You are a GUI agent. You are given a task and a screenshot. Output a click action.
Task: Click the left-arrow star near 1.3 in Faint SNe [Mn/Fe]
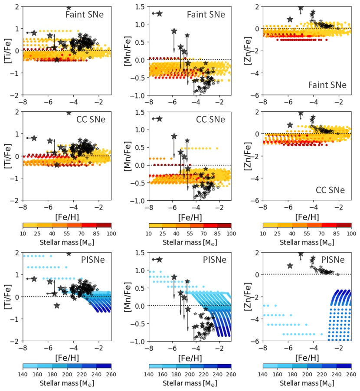point(159,13)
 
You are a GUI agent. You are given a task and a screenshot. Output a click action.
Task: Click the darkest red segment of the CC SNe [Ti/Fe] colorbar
point(104,225)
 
